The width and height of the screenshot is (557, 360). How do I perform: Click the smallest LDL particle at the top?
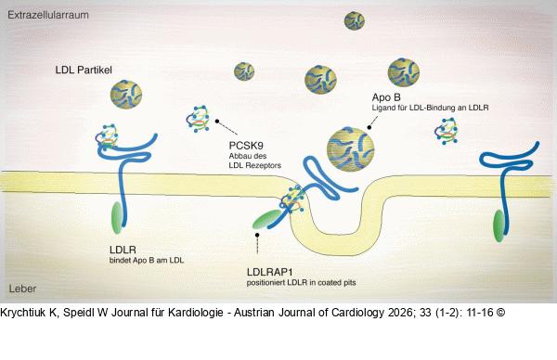click(354, 19)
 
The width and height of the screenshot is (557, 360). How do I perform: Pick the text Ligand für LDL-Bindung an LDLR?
click(430, 109)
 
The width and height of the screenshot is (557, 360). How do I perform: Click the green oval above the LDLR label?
click(117, 217)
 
